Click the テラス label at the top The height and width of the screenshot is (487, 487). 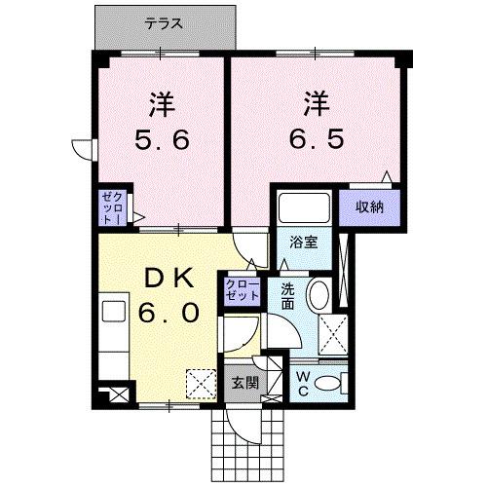coord(167,22)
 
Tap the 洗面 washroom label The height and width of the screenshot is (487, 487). coord(288,295)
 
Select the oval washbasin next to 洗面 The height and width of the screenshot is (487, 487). coord(318,296)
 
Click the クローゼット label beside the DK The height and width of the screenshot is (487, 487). coord(242,289)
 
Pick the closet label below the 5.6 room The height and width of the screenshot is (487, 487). coord(109,207)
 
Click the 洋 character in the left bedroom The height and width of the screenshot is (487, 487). coord(163,101)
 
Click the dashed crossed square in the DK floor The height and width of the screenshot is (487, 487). coord(202,383)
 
